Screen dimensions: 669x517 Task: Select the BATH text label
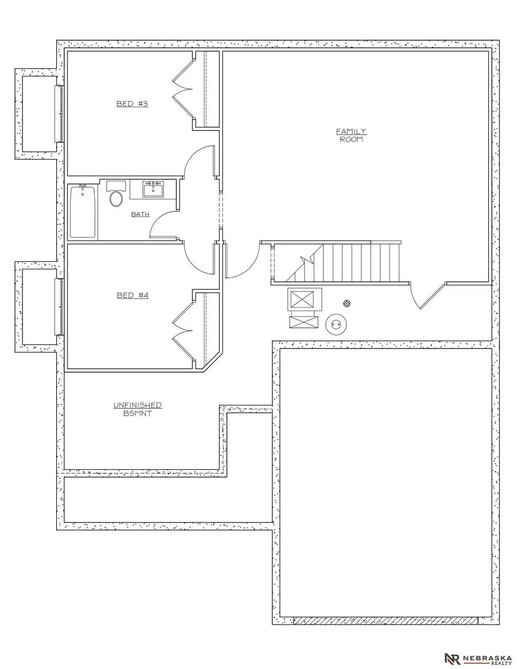pyautogui.click(x=140, y=214)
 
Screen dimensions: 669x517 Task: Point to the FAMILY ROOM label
pyautogui.click(x=351, y=135)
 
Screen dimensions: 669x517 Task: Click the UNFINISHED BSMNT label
pyautogui.click(x=137, y=409)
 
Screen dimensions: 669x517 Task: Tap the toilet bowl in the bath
pyautogui.click(x=116, y=198)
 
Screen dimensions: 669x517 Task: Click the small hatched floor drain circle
pyautogui.click(x=346, y=303)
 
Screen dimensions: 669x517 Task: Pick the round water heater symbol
pyautogui.click(x=337, y=325)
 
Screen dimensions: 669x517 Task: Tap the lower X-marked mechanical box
pyautogui.click(x=304, y=322)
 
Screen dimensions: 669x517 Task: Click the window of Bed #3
pyautogui.click(x=59, y=113)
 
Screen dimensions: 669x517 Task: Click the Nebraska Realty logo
pyautogui.click(x=477, y=658)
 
